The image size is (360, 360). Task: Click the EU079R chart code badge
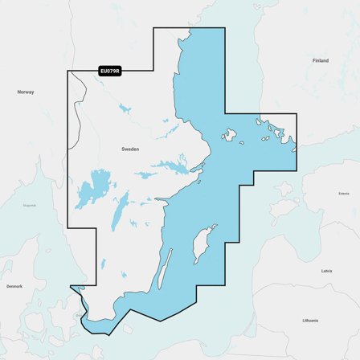109,72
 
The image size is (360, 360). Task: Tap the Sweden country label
130,149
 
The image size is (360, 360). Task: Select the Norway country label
26,92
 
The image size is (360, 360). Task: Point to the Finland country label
321,60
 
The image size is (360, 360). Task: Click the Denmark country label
14,286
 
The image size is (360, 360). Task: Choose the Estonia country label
344,193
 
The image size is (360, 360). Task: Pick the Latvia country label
326,271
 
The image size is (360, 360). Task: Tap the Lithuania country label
310,320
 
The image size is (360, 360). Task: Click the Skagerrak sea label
30,205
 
